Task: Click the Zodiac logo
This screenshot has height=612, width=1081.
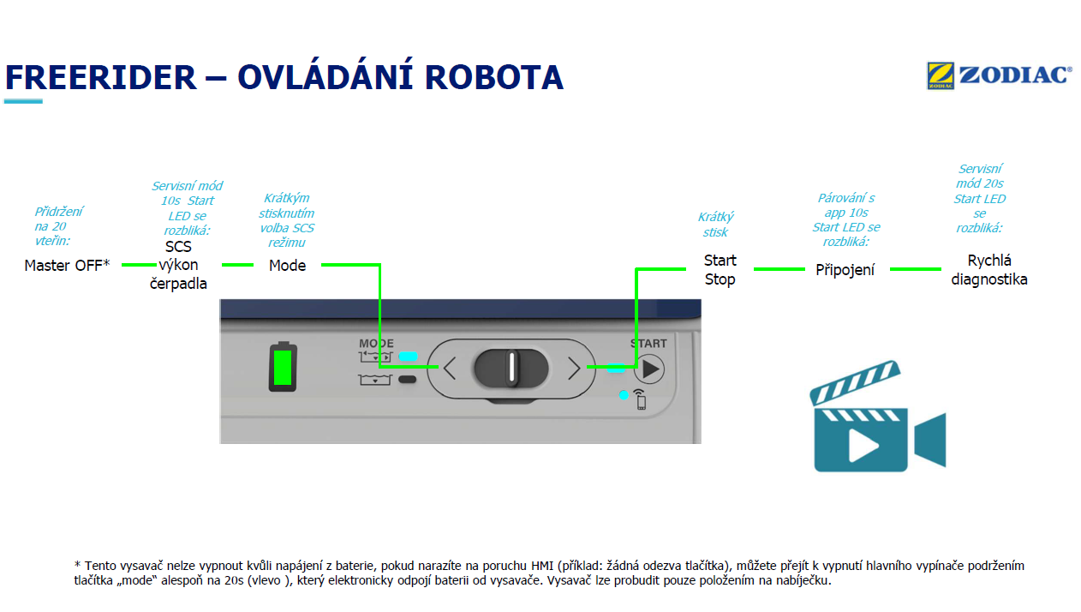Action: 999,75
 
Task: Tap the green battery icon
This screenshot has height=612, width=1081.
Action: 283,367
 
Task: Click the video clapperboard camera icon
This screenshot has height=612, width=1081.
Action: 876,417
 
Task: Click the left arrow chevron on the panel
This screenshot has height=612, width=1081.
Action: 449,369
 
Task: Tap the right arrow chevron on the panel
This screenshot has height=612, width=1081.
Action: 574,369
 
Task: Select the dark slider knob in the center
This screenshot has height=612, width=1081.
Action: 511,368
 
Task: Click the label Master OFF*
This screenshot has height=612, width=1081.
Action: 68,266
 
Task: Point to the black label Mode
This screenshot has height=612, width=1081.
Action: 287,266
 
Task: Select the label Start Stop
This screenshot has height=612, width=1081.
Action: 720,270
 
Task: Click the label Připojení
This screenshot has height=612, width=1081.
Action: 845,270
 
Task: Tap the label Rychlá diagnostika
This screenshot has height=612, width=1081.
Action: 989,270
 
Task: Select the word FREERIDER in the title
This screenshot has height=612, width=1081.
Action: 101,78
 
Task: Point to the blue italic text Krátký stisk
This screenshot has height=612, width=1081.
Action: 715,225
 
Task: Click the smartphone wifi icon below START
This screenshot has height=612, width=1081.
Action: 640,399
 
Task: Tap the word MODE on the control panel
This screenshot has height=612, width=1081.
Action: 376,343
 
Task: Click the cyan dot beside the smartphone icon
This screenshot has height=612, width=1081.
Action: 624,395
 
